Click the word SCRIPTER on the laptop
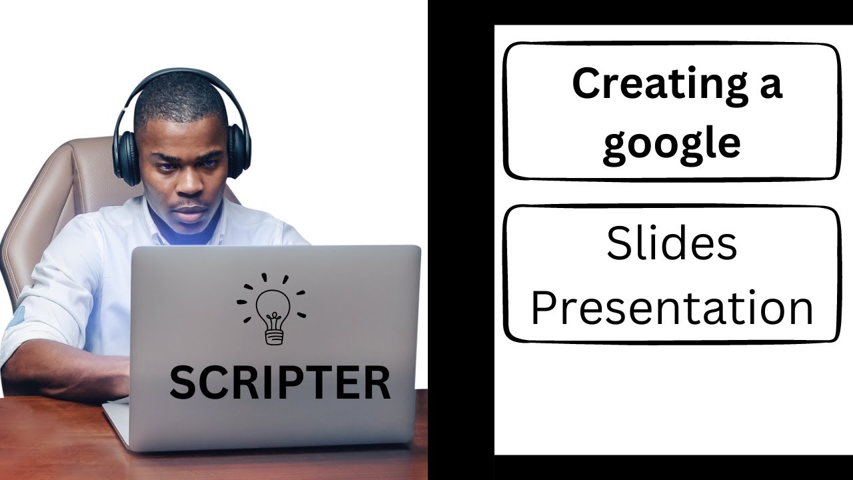[x=280, y=382]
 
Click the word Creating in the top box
[x=656, y=85]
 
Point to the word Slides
[x=671, y=243]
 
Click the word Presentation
[x=672, y=308]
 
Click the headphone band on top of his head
[x=180, y=75]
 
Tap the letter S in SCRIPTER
[x=184, y=382]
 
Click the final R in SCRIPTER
[x=377, y=382]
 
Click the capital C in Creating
[x=588, y=85]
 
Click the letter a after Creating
[x=769, y=87]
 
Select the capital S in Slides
[x=619, y=243]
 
